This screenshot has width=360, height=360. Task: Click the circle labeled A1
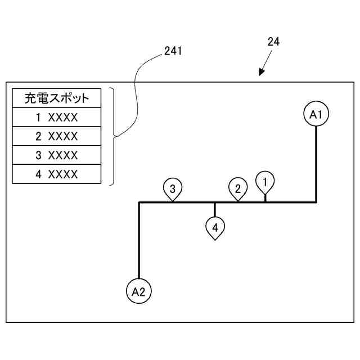tap(316, 114)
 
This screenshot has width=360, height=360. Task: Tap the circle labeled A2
tap(138, 291)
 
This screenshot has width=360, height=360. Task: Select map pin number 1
tap(265, 181)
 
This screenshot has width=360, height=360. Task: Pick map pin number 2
tap(238, 188)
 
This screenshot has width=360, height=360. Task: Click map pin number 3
tap(173, 188)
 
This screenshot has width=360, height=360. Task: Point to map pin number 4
tap(215, 228)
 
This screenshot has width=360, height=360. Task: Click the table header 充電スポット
tap(57, 98)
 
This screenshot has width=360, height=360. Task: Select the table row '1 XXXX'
tap(57, 118)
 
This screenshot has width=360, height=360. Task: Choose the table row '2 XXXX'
tap(57, 136)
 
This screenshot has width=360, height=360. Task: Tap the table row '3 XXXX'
tap(57, 155)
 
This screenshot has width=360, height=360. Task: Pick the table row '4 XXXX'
tap(57, 174)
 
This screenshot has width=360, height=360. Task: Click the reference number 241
tap(173, 51)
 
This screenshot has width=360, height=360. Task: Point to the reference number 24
tap(274, 42)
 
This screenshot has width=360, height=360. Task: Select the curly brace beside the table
tap(113, 136)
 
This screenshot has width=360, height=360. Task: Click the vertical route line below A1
tap(316, 163)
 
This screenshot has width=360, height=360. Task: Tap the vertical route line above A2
tap(138, 242)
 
